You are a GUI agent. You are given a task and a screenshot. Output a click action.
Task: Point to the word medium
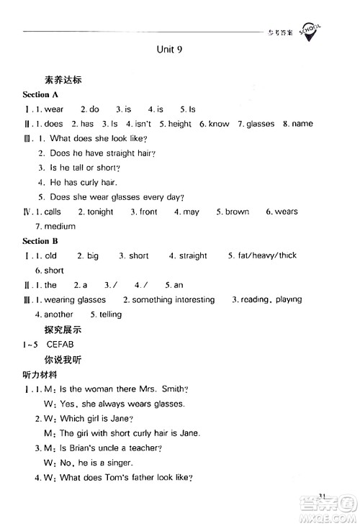pos(60,227)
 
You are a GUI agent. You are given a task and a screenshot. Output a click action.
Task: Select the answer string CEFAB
pos(63,344)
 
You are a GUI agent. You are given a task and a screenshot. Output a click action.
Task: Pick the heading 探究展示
pos(63,330)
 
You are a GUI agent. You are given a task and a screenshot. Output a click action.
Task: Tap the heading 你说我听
pos(63,359)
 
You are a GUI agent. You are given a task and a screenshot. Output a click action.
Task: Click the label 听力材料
pos(43,374)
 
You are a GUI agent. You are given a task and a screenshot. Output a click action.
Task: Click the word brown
pos(237,212)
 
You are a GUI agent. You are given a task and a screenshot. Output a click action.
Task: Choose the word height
pos(179,124)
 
